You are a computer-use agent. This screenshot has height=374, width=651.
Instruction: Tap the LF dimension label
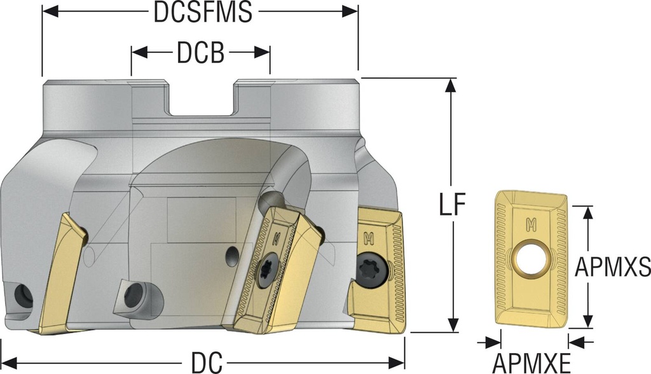tap(453, 207)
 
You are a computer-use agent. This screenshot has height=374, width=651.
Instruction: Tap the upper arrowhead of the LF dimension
tap(452, 85)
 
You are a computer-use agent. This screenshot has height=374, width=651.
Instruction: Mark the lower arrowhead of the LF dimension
tap(452, 325)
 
